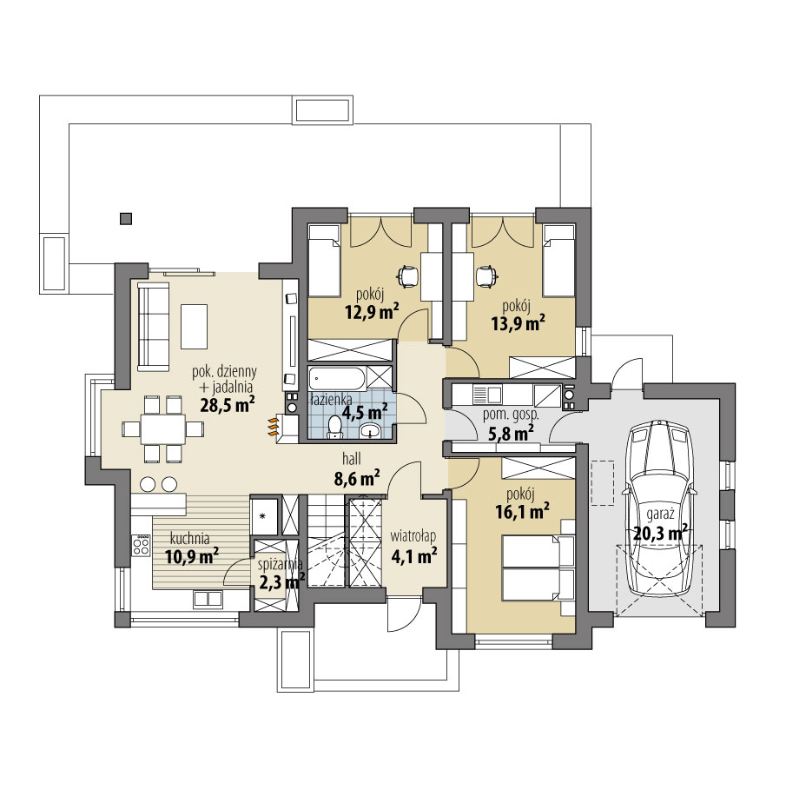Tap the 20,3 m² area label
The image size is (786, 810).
660,532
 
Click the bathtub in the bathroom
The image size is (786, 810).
336,380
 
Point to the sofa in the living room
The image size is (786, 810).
153,325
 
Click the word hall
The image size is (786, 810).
351,457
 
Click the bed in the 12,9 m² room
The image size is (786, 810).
324,258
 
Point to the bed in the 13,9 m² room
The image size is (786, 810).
558,258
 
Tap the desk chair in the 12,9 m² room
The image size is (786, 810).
406,276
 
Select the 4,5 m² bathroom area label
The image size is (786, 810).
365,412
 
